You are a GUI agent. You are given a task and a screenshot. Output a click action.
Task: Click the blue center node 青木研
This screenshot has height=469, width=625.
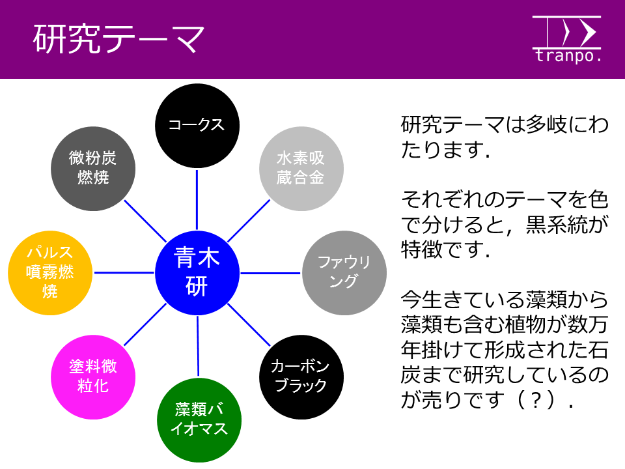click(x=197, y=273)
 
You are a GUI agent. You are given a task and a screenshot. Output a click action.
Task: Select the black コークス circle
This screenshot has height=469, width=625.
click(x=197, y=126)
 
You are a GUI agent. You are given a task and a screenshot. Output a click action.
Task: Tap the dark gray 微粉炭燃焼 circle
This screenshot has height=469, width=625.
click(x=93, y=169)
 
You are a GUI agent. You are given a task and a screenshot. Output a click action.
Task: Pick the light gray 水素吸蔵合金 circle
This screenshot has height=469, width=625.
click(x=301, y=169)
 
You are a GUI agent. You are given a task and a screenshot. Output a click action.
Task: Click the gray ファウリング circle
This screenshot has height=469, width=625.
click(x=344, y=273)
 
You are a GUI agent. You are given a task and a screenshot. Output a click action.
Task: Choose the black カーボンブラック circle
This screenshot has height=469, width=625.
click(x=301, y=377)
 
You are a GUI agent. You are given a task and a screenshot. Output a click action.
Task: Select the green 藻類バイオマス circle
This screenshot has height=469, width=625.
click(x=199, y=420)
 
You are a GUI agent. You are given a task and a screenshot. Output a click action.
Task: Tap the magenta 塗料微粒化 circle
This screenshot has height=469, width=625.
click(x=93, y=377)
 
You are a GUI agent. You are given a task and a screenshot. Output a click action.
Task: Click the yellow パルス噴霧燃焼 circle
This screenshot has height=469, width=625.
click(x=50, y=273)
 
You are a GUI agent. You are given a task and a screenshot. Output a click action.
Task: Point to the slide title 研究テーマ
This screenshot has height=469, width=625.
click(x=118, y=38)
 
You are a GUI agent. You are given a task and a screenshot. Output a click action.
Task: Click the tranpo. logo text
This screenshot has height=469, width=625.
click(x=568, y=55)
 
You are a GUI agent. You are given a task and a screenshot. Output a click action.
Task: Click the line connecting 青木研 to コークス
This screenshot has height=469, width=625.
click(x=197, y=200)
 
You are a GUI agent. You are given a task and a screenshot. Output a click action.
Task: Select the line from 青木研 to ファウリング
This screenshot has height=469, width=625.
click(x=270, y=273)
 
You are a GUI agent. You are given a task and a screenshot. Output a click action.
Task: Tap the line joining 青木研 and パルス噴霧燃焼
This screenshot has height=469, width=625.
click(x=124, y=273)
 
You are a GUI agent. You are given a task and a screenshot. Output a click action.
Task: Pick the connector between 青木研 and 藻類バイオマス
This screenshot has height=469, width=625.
click(x=198, y=346)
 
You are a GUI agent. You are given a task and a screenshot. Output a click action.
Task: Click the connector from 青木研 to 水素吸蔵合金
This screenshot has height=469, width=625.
click(x=249, y=221)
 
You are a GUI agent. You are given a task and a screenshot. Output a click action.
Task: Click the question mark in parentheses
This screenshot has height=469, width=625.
click(x=536, y=400)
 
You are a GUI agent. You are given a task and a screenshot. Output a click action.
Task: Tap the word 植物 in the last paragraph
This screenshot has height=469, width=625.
click(x=525, y=324)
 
